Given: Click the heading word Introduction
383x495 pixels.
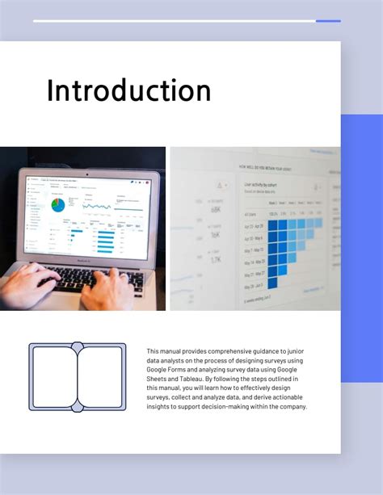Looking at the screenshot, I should [128, 90].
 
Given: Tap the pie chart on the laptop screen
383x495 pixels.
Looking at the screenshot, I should [58, 205].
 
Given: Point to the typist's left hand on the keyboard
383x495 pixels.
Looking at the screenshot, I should [28, 285].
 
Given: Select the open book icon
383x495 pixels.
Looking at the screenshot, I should [78, 377].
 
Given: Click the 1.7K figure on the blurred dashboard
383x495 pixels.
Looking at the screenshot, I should [216, 260].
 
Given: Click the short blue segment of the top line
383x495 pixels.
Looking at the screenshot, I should [328, 21].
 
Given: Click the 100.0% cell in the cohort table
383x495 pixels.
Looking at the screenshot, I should [273, 213].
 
